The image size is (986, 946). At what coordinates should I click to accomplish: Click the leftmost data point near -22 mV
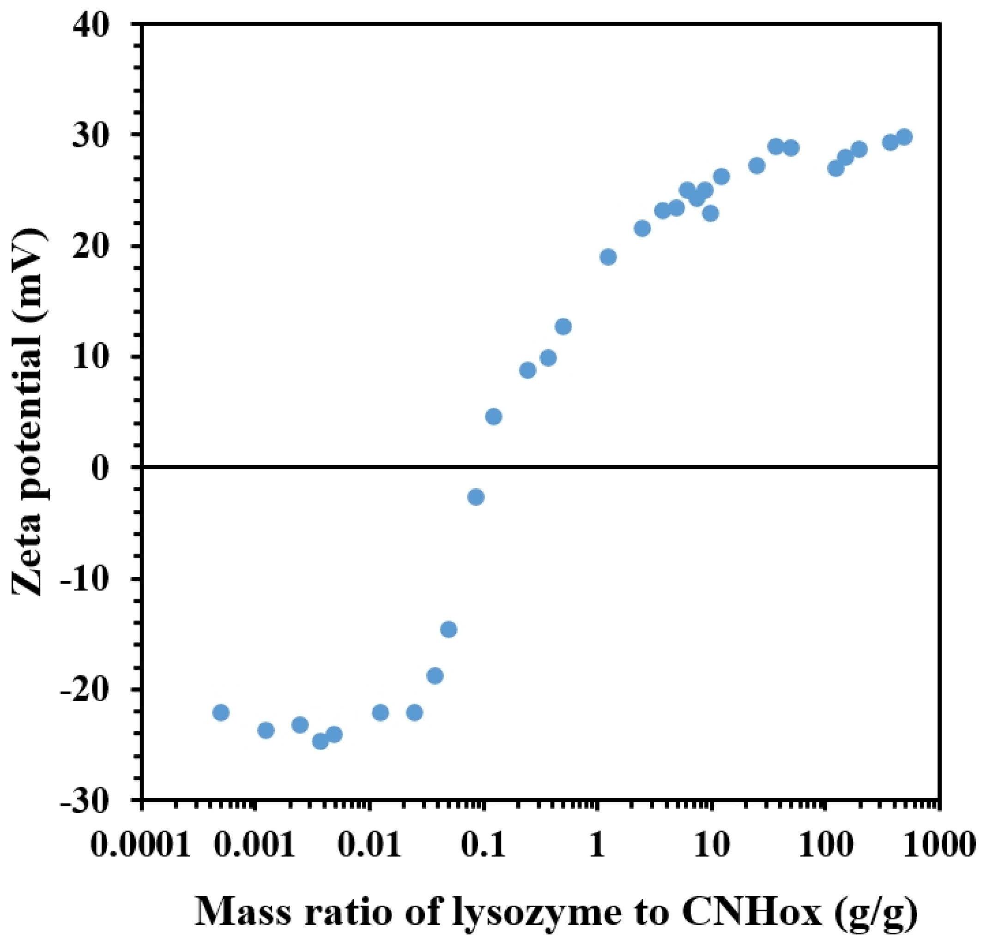221,713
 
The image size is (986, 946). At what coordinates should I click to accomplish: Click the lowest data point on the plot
321,741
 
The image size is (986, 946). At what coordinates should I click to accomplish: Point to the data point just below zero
476,497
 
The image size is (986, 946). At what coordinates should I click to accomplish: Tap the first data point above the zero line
494,417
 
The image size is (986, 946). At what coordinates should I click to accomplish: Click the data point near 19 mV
608,257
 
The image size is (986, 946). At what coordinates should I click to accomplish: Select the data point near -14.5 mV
449,630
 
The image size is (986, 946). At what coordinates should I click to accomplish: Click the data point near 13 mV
563,327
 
